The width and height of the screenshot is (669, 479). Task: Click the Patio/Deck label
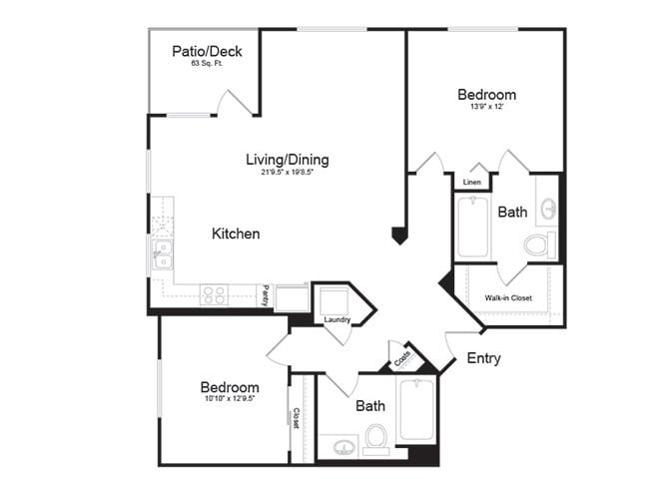pos(207,51)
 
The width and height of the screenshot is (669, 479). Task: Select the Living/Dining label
pos(288,159)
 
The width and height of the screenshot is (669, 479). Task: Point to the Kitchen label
pos(236,234)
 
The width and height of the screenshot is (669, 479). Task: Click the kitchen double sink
pos(161,254)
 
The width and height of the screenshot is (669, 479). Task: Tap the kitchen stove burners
pos(214,293)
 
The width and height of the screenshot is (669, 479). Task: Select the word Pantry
pos(266,294)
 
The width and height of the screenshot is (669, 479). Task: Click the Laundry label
pos(337,319)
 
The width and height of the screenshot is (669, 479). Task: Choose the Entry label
pos(483,358)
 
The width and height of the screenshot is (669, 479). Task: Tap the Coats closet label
pos(403,356)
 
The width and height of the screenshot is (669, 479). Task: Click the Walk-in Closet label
pos(508,297)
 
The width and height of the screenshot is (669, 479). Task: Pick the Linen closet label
pos(472,183)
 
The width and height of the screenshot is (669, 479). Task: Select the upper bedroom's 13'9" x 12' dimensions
pos(486,109)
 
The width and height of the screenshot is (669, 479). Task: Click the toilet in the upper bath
pos(538,243)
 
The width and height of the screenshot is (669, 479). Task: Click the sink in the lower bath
pos(342,445)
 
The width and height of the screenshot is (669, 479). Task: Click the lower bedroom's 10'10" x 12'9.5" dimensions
pos(230,400)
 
